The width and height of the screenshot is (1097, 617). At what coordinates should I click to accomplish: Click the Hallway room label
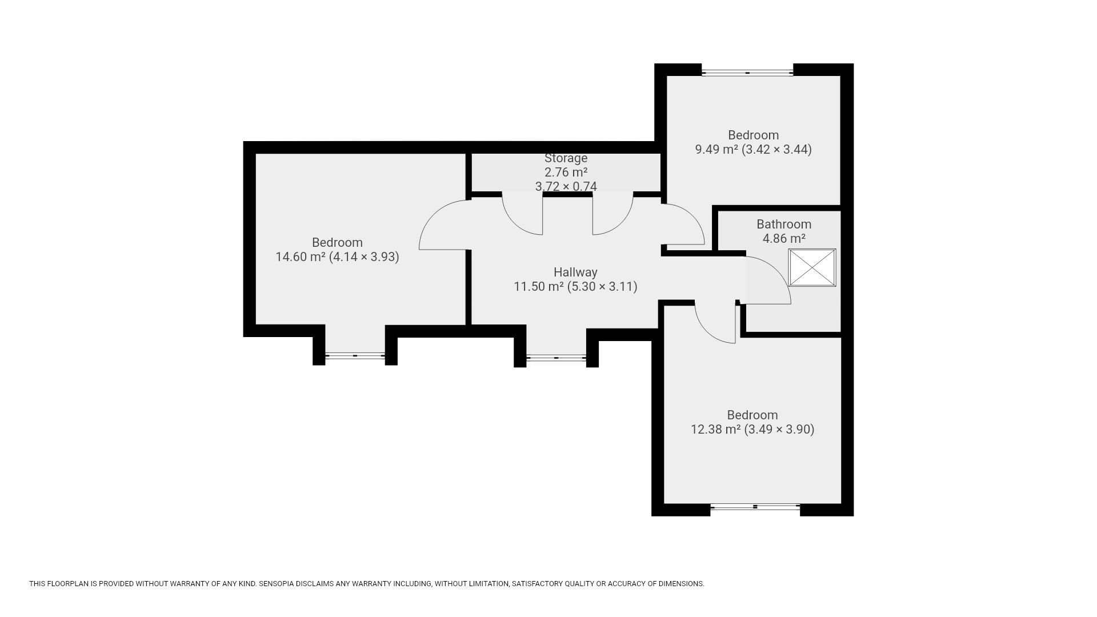coord(575,273)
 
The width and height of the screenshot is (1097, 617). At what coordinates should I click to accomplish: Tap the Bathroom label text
coord(784,225)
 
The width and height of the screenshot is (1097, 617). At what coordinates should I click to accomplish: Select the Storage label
coord(566,158)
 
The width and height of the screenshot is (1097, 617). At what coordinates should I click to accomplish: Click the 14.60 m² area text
coord(301,257)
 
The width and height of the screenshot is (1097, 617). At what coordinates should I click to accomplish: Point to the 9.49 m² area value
coord(716,150)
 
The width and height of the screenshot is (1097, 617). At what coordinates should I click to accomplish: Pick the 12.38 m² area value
coord(716,430)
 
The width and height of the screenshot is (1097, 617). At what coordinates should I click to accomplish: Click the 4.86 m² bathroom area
coord(784,239)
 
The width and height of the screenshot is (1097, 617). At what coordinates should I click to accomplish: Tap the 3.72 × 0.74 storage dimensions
coord(566,186)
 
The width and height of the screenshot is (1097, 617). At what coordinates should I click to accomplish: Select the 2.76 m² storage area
coord(566,172)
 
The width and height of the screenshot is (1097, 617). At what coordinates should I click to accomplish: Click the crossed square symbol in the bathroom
coord(812,267)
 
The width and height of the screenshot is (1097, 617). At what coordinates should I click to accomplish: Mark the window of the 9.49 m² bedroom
coord(747,73)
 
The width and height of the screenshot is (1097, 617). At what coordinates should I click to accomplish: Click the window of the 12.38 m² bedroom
coord(755,507)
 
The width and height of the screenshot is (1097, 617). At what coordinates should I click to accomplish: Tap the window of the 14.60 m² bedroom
coord(355,356)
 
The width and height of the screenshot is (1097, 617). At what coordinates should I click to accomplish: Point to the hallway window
coord(556,358)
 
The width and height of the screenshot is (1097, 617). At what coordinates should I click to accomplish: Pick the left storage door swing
coord(514,223)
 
